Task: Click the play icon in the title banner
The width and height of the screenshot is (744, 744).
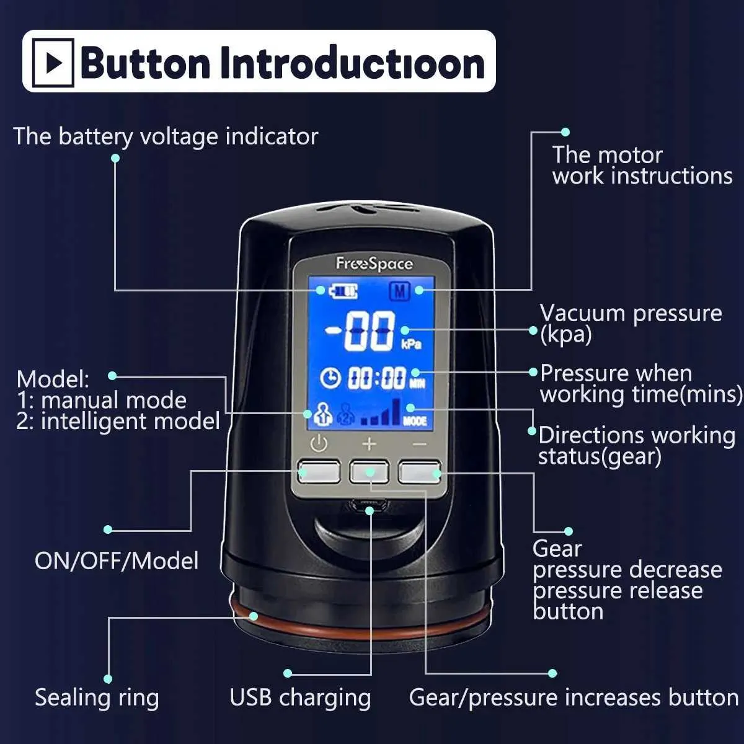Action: (53, 63)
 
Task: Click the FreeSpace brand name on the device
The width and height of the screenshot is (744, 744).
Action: (374, 264)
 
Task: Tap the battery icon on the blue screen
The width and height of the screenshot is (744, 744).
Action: (343, 291)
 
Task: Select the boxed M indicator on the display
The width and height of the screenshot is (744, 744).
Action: (399, 291)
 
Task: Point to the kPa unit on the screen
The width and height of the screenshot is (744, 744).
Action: (411, 344)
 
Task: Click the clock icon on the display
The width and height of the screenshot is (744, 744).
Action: (330, 378)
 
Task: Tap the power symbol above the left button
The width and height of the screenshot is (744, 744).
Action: (319, 443)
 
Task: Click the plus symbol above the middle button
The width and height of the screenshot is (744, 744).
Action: (370, 444)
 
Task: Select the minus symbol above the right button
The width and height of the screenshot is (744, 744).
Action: (419, 445)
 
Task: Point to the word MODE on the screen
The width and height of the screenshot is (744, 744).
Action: (415, 421)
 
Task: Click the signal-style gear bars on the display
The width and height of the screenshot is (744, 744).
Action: (380, 412)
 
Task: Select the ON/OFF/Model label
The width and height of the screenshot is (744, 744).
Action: (117, 560)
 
